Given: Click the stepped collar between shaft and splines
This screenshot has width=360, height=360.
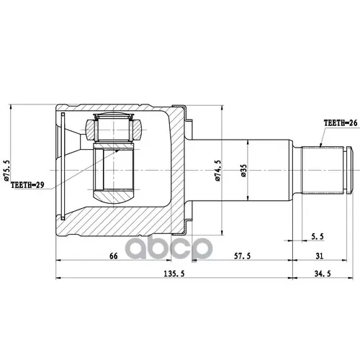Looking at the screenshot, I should (297, 170).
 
